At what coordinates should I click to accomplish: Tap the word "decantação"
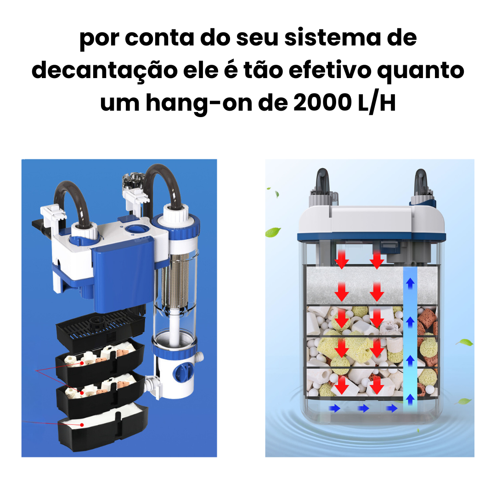(104, 71)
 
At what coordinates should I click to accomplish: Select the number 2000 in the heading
(322, 102)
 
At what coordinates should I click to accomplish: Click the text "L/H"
(377, 103)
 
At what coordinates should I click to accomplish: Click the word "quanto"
(421, 71)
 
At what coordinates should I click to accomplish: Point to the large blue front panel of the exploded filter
(124, 274)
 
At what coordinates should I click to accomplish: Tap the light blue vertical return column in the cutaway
(410, 339)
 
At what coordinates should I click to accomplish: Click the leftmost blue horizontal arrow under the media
(334, 408)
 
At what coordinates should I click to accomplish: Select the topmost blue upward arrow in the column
(410, 283)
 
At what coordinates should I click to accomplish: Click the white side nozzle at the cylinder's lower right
(200, 357)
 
